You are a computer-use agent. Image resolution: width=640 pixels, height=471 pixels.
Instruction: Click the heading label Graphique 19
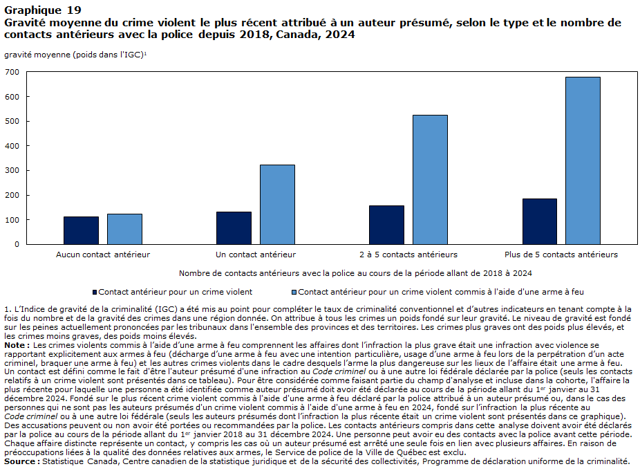pos(43,10)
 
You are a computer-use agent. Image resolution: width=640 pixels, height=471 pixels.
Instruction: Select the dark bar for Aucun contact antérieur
pos(82,230)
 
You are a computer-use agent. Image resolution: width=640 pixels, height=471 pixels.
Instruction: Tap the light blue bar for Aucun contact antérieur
pos(124,229)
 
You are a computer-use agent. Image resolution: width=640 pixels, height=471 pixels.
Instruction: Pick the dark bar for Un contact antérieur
pos(234,228)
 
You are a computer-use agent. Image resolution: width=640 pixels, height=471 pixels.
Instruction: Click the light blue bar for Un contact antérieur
pos(278,205)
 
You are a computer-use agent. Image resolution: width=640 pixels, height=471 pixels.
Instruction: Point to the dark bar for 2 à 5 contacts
pos(386,225)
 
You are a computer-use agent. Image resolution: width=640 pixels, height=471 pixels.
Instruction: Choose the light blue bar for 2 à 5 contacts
pos(430,180)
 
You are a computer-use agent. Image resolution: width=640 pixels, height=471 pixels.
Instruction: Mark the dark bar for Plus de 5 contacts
pos(540,221)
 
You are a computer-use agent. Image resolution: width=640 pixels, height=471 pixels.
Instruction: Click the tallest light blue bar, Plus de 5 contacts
pos(583,160)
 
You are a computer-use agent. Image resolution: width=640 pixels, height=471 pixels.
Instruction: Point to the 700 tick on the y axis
pos(12,73)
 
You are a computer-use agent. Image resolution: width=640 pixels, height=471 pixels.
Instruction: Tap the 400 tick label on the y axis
pos(12,146)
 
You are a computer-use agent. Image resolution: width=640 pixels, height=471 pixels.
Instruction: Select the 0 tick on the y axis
pos(17,244)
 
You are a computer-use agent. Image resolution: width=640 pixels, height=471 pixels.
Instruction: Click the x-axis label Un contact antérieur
pos(256,255)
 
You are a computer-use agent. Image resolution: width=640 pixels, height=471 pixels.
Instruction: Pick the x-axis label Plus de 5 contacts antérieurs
pos(561,255)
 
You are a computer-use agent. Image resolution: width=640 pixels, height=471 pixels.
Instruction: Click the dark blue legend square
pos(95,292)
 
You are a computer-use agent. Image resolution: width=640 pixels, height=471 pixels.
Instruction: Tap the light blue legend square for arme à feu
pos(294,292)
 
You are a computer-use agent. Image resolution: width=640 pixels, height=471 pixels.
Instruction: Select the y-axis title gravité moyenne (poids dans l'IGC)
pos(75,55)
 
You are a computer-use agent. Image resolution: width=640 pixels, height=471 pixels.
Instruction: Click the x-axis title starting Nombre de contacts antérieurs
pos(355,273)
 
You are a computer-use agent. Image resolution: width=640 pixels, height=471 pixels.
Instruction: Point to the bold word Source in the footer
pos(20,461)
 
